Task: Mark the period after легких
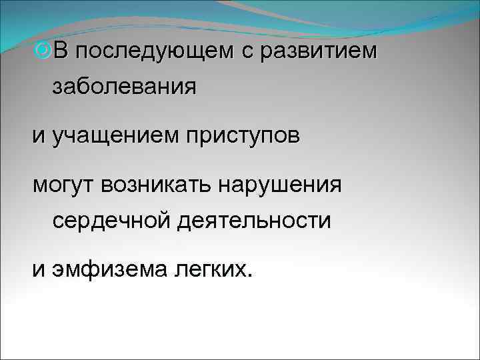tap(251, 275)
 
